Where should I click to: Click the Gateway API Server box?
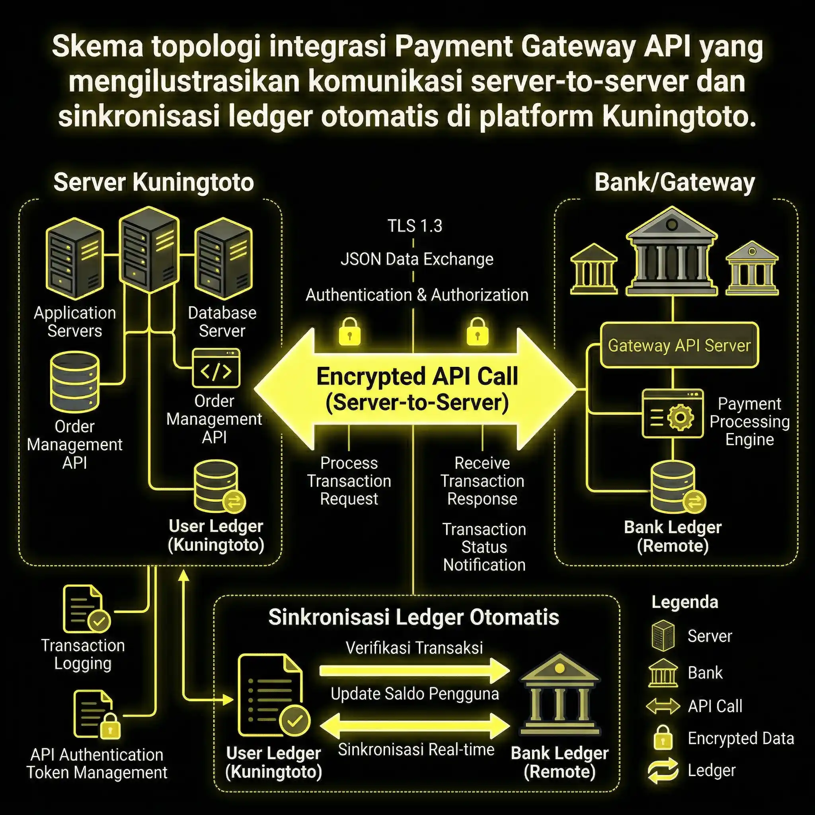click(679, 345)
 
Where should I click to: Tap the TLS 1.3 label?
click(415, 226)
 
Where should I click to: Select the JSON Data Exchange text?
click(417, 259)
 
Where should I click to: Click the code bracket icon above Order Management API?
click(216, 368)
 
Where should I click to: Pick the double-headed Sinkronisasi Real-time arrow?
click(414, 725)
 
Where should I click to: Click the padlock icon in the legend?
click(663, 738)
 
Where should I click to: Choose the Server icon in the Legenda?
click(663, 636)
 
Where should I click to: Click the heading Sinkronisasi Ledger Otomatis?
click(414, 618)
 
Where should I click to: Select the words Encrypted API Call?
click(417, 376)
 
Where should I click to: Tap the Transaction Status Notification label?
click(484, 547)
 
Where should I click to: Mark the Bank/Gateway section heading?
click(675, 183)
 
